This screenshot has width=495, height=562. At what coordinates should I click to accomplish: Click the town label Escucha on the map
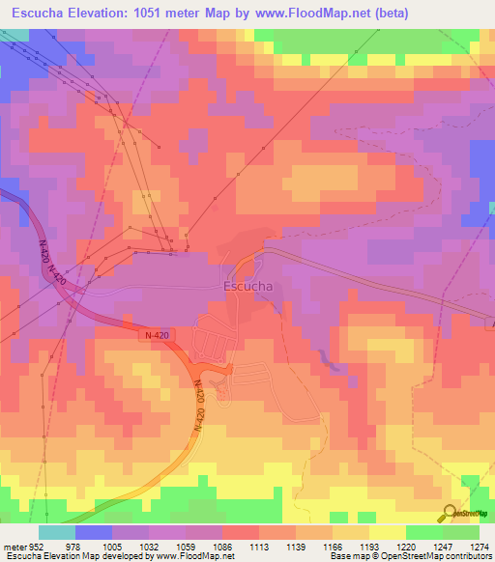(247, 287)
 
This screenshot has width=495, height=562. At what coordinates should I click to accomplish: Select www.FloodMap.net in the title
(300, 14)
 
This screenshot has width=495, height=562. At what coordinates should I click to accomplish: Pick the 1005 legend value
(112, 546)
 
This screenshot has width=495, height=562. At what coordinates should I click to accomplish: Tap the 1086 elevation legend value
(222, 546)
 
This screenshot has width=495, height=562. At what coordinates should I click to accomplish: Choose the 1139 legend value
(296, 546)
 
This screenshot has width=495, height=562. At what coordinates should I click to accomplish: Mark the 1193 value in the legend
(369, 546)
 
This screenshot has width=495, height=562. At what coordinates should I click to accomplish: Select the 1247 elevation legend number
(443, 546)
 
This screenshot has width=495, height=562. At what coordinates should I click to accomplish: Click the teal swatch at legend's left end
(57, 532)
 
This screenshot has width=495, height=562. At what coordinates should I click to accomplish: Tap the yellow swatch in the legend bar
(388, 532)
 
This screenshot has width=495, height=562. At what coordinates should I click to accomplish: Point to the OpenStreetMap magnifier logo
(449, 514)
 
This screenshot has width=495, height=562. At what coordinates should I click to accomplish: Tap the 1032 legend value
(149, 546)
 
